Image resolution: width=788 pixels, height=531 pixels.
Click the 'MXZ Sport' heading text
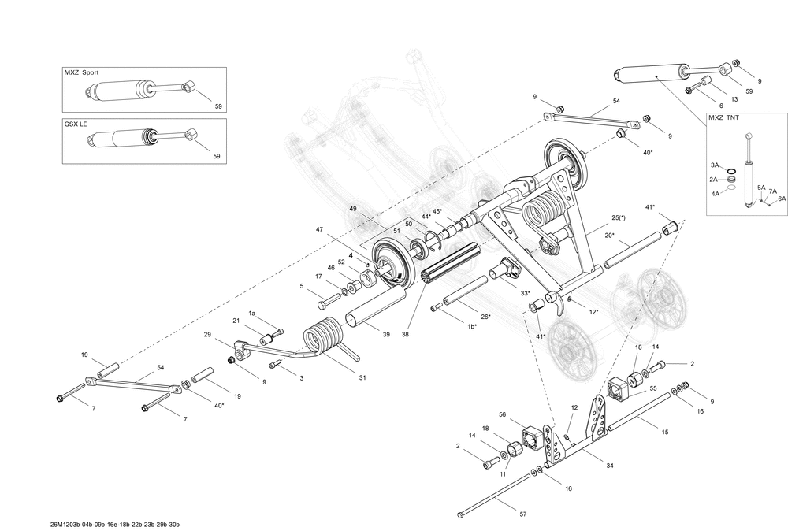click(x=81, y=72)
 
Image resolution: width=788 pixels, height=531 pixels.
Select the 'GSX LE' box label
click(x=76, y=124)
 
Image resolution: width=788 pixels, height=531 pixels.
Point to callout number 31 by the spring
click(x=362, y=377)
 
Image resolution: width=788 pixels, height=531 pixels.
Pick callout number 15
click(x=664, y=432)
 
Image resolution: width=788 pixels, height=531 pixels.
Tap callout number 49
click(x=353, y=209)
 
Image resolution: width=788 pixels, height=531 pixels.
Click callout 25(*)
click(x=619, y=217)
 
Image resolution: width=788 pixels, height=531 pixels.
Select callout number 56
click(x=502, y=414)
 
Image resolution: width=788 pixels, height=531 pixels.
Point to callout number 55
click(x=652, y=389)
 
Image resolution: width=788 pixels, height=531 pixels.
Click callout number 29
click(x=207, y=335)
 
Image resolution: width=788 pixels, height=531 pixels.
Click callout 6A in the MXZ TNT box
click(x=781, y=200)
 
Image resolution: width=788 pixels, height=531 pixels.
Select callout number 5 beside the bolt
click(x=302, y=286)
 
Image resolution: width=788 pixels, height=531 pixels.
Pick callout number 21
click(x=236, y=321)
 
